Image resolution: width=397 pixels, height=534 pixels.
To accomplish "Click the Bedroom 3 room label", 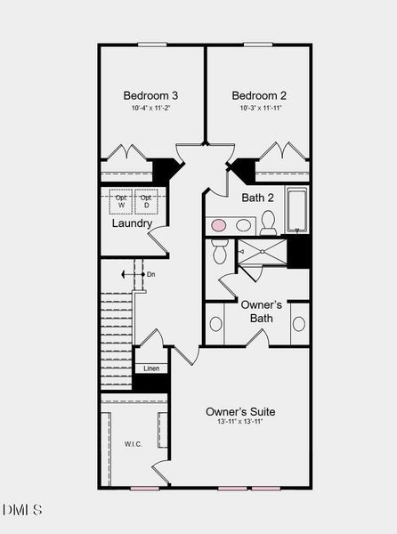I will (x=150, y=95).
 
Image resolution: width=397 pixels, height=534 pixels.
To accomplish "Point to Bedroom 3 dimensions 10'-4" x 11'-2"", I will (x=150, y=109).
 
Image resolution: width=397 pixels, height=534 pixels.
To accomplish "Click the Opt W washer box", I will (x=121, y=201).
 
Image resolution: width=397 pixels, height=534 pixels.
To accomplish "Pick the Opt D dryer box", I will (x=145, y=201).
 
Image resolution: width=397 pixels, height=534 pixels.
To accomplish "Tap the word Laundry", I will (x=132, y=223).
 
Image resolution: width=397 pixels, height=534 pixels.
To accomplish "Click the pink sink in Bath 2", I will (x=218, y=226).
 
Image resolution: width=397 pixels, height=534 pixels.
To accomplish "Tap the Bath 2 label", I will (x=257, y=198).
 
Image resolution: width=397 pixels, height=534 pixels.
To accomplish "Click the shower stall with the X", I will (x=263, y=253).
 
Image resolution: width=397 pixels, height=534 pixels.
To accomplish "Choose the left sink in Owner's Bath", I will (x=215, y=323).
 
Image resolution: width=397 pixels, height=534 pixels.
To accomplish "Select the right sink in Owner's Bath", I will (x=298, y=323).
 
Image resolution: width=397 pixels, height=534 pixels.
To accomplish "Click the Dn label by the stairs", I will (x=151, y=275).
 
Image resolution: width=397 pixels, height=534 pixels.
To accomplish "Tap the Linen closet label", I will (x=151, y=368).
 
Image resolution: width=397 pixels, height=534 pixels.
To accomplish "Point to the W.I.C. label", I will (x=134, y=442).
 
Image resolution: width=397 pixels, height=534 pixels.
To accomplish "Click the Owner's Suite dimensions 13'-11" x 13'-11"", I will (x=240, y=422).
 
